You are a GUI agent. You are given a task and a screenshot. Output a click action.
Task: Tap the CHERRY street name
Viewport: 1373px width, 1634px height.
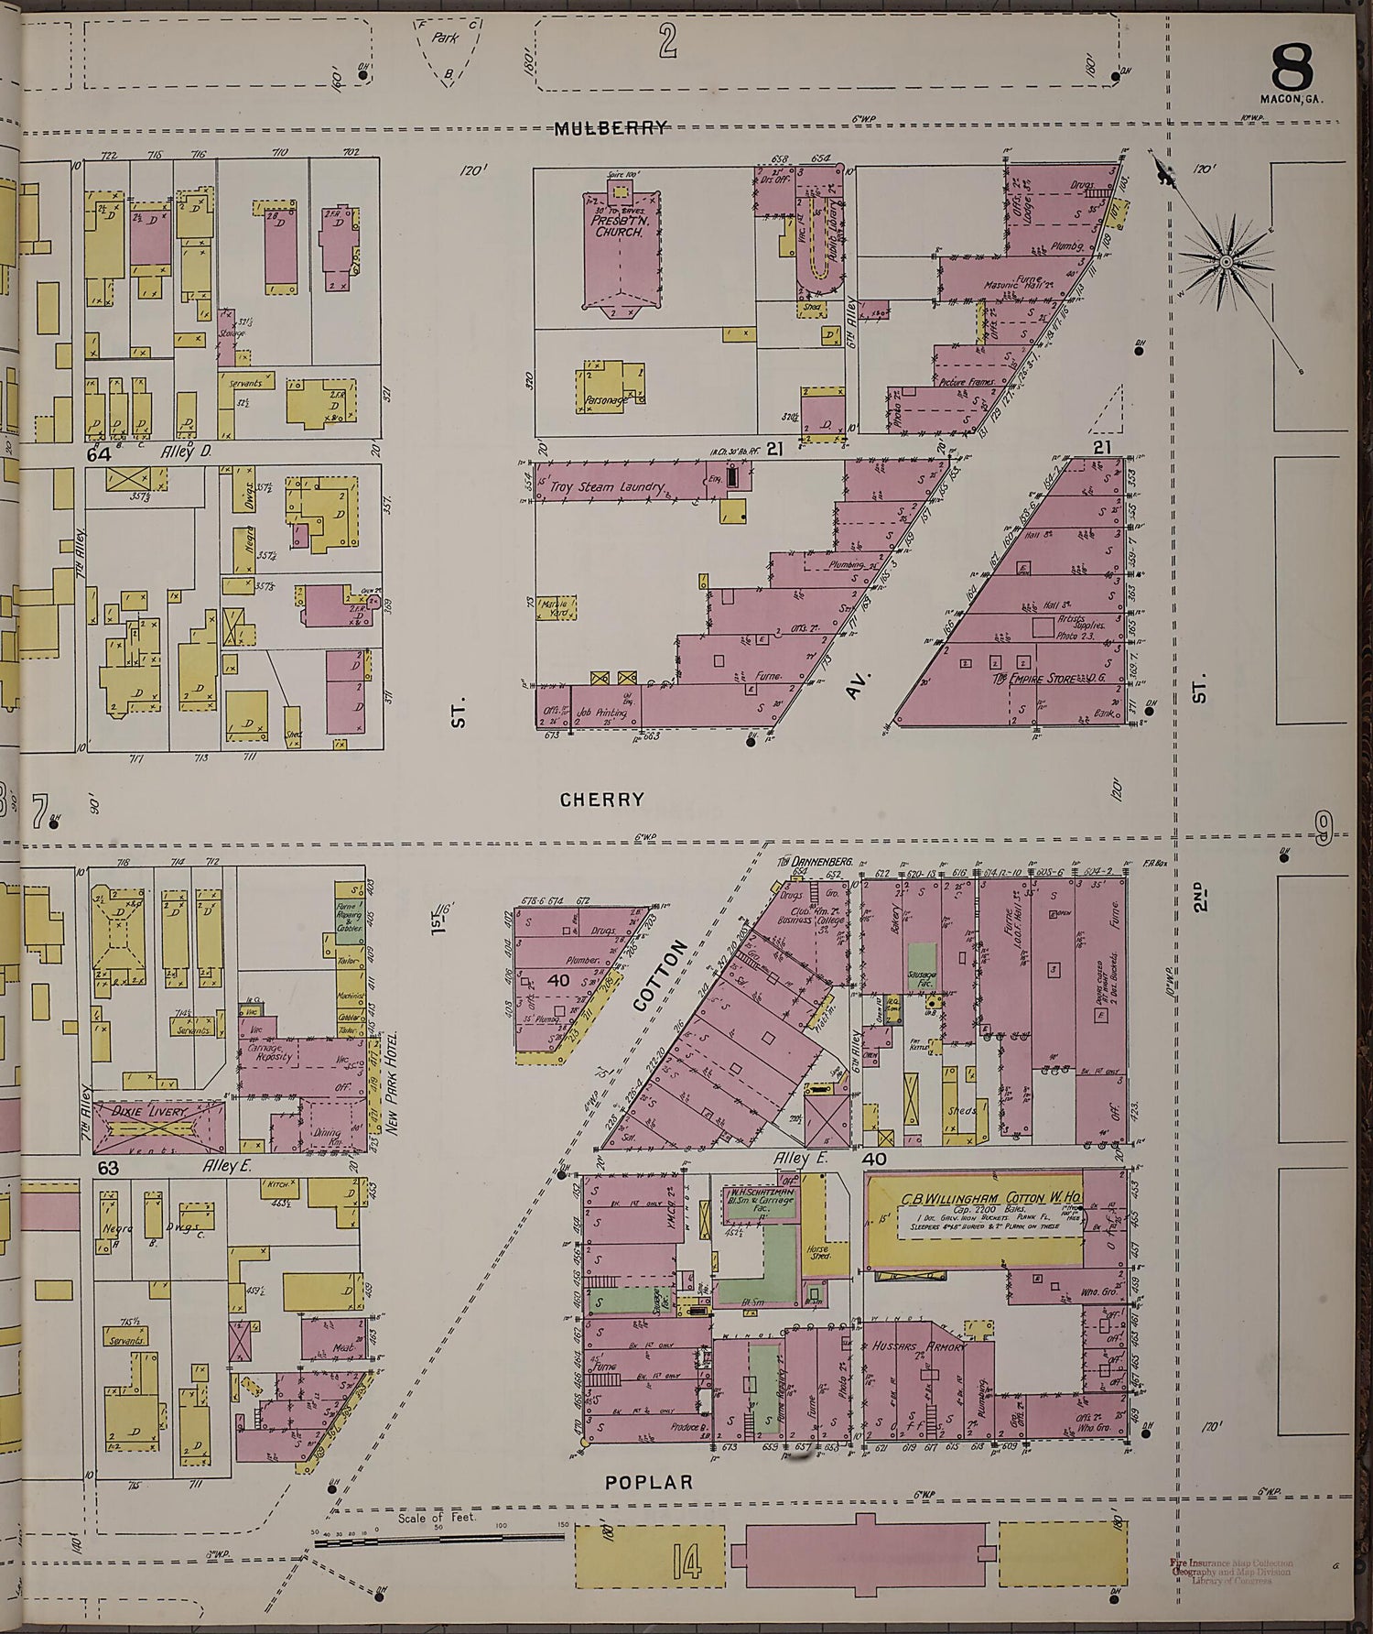coord(602,800)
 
